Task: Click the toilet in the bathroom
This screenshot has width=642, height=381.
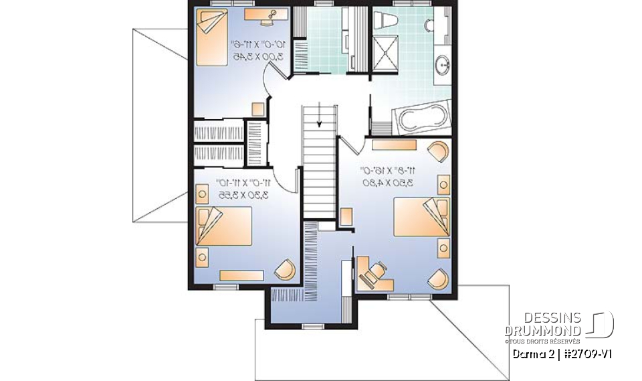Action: pos(386,21)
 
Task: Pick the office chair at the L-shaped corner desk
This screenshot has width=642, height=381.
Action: pos(375,271)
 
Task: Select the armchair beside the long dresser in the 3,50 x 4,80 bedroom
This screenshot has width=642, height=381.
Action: pos(439,152)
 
